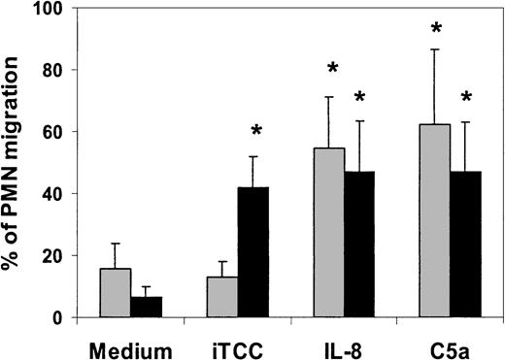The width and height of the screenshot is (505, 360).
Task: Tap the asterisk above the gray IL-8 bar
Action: [332, 69]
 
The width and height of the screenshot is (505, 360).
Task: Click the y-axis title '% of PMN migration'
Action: [17, 160]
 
